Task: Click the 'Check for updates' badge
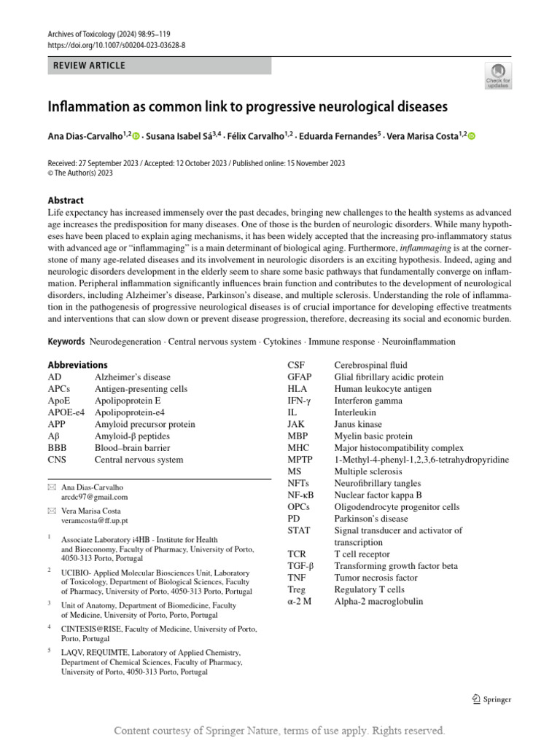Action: tap(498, 76)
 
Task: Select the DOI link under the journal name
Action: tap(116, 45)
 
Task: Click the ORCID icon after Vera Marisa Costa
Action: tap(471, 136)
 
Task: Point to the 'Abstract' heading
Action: tap(66, 200)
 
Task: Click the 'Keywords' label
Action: tap(66, 342)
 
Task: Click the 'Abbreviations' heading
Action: tap(77, 365)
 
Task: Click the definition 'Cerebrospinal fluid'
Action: tap(370, 365)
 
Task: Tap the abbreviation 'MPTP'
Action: tap(300, 460)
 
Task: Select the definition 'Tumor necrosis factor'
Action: tap(376, 578)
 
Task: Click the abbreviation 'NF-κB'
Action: tap(300, 495)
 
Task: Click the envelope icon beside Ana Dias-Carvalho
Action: tap(51, 486)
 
